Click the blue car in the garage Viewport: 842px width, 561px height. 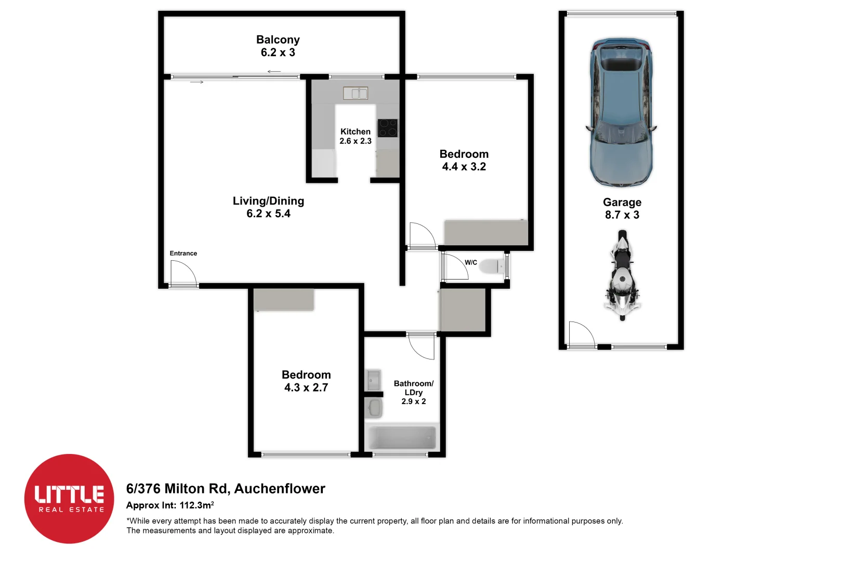[621, 112]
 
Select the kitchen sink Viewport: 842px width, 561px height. [356, 93]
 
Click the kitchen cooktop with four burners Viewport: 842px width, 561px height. [388, 128]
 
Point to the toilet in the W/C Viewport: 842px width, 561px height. [491, 266]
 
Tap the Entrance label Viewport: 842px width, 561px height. [183, 253]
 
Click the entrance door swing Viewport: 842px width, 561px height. [182, 273]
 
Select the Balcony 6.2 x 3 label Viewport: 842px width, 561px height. [278, 46]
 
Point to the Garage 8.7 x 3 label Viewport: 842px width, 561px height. [622, 208]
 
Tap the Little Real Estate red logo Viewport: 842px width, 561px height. [69, 499]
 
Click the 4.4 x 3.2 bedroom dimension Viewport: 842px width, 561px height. [464, 167]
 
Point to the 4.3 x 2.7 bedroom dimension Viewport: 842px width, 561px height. [306, 388]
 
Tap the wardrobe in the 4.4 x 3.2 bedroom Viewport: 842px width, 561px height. [486, 232]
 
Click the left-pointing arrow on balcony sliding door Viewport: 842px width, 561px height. [274, 72]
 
